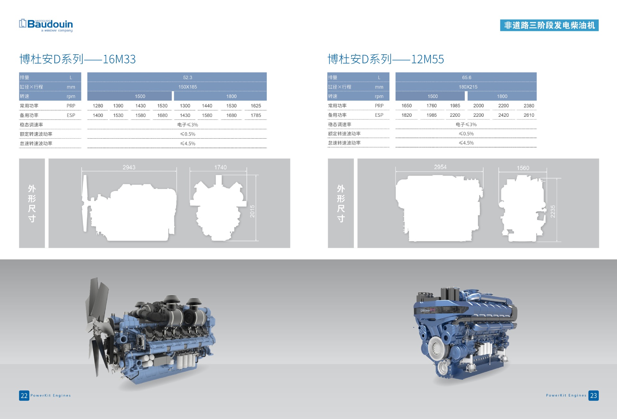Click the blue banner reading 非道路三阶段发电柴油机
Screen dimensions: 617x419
tap(549, 25)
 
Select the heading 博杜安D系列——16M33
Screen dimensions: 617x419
tap(77, 59)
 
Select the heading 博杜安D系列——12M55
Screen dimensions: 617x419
tap(386, 59)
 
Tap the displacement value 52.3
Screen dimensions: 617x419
tap(188, 77)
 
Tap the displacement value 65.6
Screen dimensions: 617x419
tap(467, 77)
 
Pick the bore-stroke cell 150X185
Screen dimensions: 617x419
tap(188, 87)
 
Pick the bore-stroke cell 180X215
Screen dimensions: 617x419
tap(468, 87)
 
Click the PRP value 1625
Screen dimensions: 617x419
tap(256, 106)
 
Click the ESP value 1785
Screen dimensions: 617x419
tap(256, 115)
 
